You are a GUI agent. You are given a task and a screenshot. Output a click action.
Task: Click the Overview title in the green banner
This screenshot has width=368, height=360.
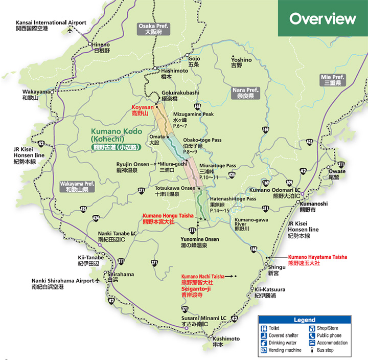(323, 19)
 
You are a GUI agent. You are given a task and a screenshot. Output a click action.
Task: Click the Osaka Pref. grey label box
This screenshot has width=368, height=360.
(153, 29)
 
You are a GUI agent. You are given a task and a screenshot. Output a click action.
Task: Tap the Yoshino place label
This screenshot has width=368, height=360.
(241, 62)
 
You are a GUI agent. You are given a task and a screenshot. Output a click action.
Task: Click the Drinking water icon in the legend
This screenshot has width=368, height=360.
(264, 343)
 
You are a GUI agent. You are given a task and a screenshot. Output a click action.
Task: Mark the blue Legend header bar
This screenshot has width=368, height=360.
(305, 320)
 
